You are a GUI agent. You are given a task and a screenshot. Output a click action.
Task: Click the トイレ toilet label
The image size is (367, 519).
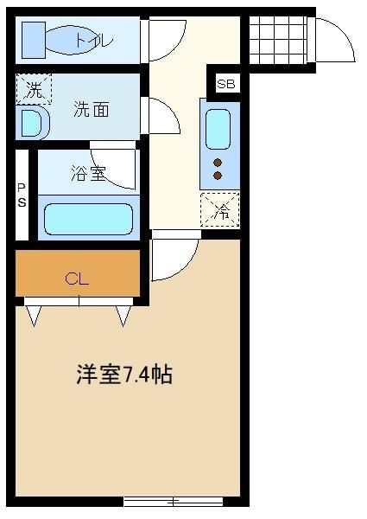tap(95, 41)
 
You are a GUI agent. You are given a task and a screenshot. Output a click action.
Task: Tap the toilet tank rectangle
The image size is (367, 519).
tap(34, 40)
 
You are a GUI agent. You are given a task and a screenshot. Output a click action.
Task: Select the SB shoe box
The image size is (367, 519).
tap(226, 84)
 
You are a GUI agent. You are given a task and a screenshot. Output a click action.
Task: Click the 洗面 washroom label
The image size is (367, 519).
tap(92, 109)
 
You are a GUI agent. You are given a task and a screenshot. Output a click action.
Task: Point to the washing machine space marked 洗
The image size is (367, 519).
tap(34, 89)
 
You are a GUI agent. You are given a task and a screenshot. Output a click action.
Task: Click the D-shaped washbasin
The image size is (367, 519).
tap(32, 123)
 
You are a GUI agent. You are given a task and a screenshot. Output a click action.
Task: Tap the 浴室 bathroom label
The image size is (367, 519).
tap(89, 173)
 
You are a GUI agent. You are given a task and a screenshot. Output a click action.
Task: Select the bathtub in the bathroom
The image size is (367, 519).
tap(89, 219)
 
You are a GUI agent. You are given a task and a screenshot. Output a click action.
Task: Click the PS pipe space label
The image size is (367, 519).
tap(22, 195)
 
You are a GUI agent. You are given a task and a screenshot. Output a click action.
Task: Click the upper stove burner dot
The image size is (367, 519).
tap(218, 163)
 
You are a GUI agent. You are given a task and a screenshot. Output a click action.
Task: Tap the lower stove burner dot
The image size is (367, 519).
tap(218, 176)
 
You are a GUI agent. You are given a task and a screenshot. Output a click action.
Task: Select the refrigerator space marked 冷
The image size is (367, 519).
tap(220, 210)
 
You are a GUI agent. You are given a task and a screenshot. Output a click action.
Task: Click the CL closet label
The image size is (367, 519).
tap(77, 279)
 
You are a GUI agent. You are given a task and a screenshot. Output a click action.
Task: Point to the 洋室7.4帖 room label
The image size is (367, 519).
tap(124, 375)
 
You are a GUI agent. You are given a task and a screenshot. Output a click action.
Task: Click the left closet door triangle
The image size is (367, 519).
tap(34, 316)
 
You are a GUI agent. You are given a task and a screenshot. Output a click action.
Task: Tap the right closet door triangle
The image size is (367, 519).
tap(123, 316)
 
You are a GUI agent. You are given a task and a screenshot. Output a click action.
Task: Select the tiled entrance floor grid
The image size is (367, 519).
tap(278, 40)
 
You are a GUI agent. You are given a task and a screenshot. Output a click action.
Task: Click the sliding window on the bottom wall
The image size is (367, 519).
tap(173, 502)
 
